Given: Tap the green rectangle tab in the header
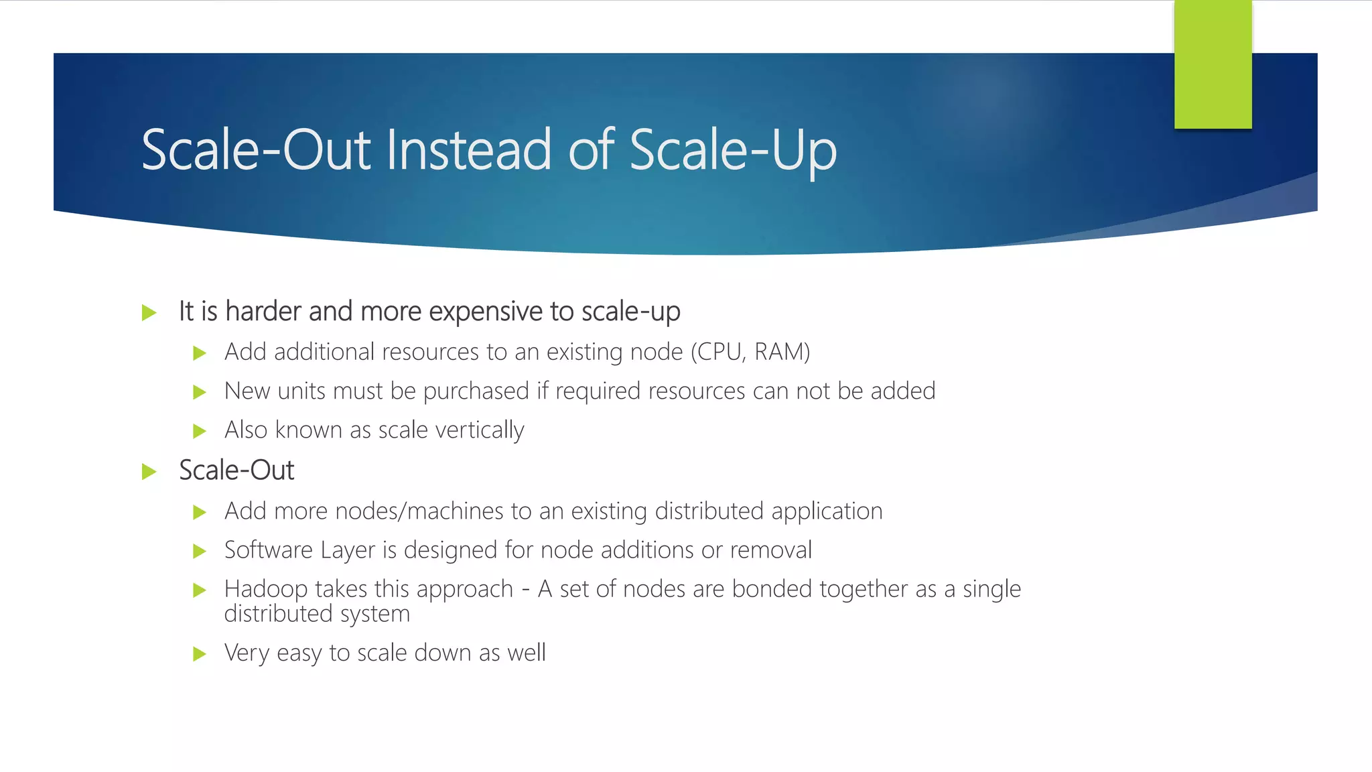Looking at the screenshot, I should click(x=1213, y=65).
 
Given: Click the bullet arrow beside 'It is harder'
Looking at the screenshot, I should click(x=149, y=312).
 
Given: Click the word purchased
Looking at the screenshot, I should click(x=476, y=391).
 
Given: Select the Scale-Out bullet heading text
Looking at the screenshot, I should click(x=236, y=470).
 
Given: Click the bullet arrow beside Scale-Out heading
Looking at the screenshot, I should click(x=149, y=472).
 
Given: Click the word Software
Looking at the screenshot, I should click(x=269, y=550).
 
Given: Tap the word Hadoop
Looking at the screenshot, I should click(x=266, y=590).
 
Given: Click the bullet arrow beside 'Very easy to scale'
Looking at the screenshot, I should click(x=199, y=654).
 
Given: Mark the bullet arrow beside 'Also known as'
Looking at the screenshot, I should click(x=199, y=431).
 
